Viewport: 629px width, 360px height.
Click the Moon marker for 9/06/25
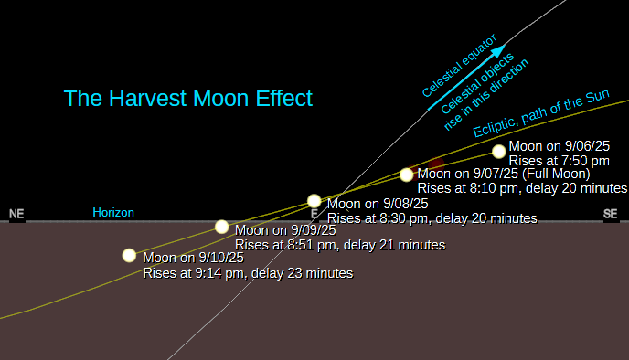[x=499, y=152]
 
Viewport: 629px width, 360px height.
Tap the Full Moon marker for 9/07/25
[x=406, y=175]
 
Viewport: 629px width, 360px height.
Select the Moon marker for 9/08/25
[x=314, y=201]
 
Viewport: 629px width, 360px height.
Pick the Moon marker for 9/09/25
[x=222, y=227]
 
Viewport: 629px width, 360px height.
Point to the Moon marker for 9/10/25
[x=129, y=255]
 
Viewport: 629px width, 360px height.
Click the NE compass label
[x=16, y=214]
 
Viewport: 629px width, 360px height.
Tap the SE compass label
[x=610, y=214]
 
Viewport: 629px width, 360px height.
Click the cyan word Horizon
[x=113, y=213]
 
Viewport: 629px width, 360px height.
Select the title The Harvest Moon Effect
[x=187, y=98]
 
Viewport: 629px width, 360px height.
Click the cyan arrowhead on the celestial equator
[x=498, y=51]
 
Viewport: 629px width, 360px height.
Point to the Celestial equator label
[x=460, y=66]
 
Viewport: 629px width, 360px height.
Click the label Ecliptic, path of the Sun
[x=541, y=113]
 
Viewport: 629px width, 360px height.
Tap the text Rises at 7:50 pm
[x=560, y=161]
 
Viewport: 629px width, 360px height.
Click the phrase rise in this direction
[x=486, y=95]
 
